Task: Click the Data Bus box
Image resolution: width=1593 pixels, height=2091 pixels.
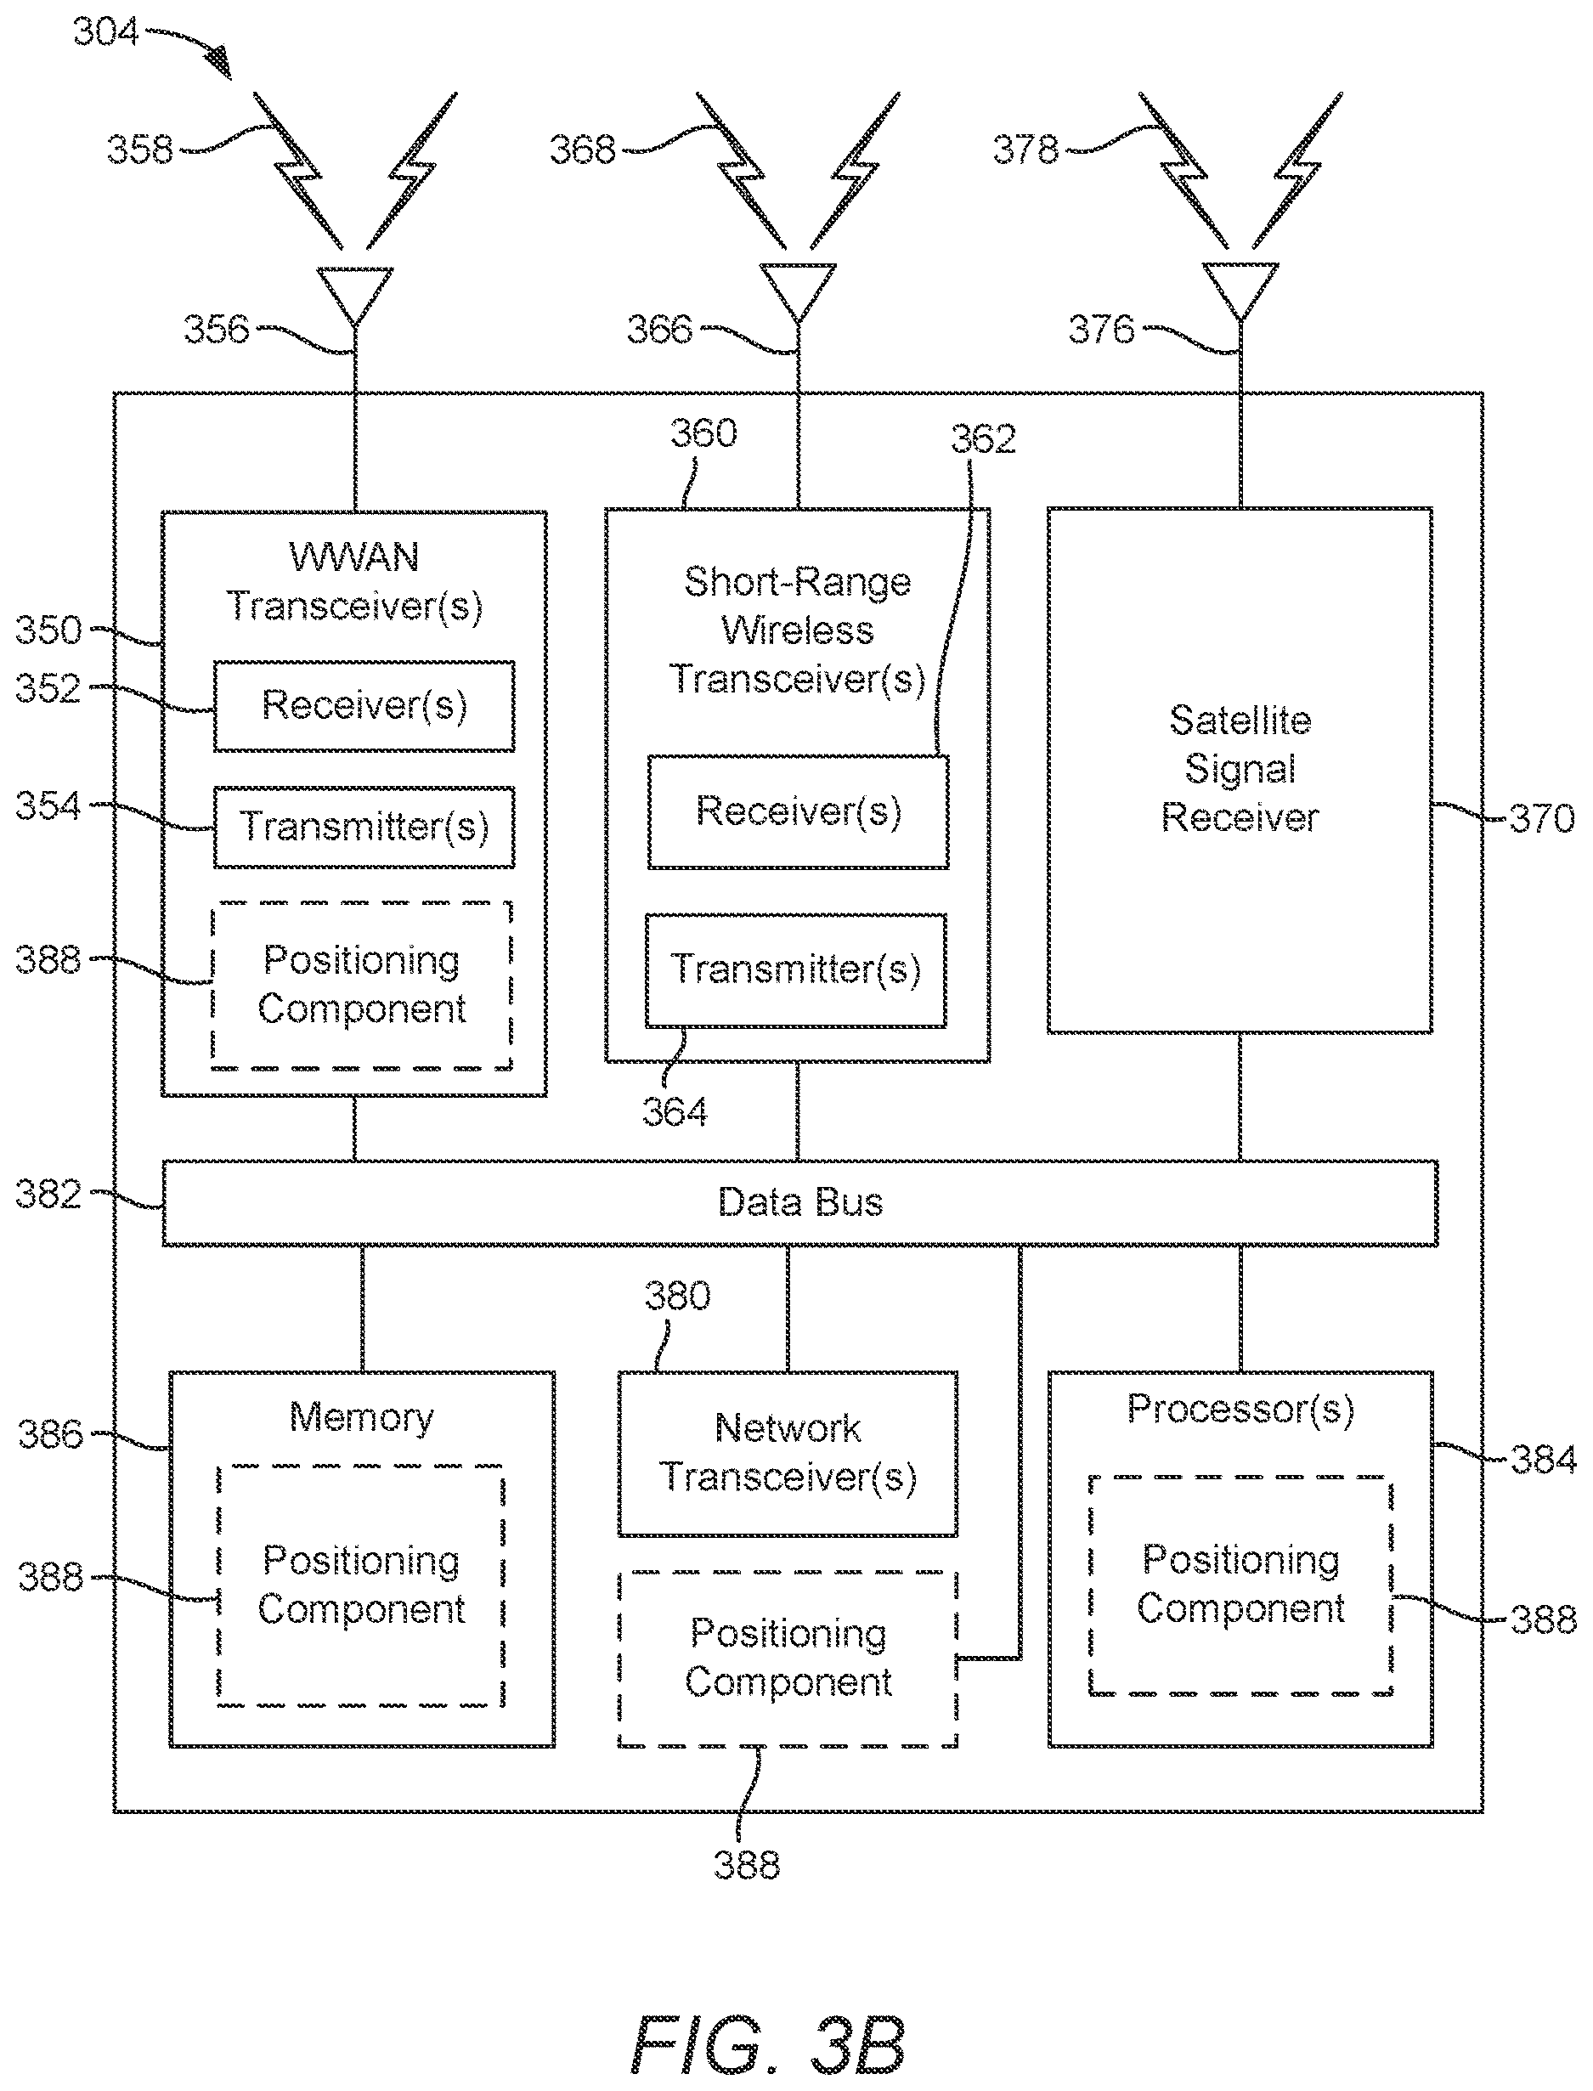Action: point(799,1202)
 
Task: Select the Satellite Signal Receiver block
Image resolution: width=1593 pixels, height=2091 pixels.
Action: point(1240,770)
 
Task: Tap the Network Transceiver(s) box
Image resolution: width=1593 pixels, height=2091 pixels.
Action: point(787,1453)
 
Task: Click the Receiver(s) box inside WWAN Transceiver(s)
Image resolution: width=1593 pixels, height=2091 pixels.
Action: point(364,706)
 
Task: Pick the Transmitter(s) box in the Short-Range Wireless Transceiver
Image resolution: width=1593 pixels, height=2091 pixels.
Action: point(795,970)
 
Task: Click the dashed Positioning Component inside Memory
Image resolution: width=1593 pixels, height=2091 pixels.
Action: point(361,1585)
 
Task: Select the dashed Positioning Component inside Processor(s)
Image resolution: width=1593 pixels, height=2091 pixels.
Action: point(1240,1585)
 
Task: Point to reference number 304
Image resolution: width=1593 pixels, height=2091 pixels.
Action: point(106,32)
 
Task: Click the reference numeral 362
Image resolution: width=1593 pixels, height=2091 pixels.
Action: point(983,439)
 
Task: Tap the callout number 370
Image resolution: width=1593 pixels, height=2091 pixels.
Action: point(1542,818)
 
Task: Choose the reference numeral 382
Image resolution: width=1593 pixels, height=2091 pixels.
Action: point(48,1194)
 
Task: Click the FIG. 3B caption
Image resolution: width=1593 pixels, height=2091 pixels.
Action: point(768,2044)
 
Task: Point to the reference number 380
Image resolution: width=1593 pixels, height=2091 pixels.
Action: point(678,1297)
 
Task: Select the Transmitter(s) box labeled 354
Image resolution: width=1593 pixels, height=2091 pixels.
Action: point(364,827)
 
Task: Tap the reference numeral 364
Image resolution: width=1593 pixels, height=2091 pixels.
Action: point(675,1111)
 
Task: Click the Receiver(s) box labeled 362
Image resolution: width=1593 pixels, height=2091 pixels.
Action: point(798,811)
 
